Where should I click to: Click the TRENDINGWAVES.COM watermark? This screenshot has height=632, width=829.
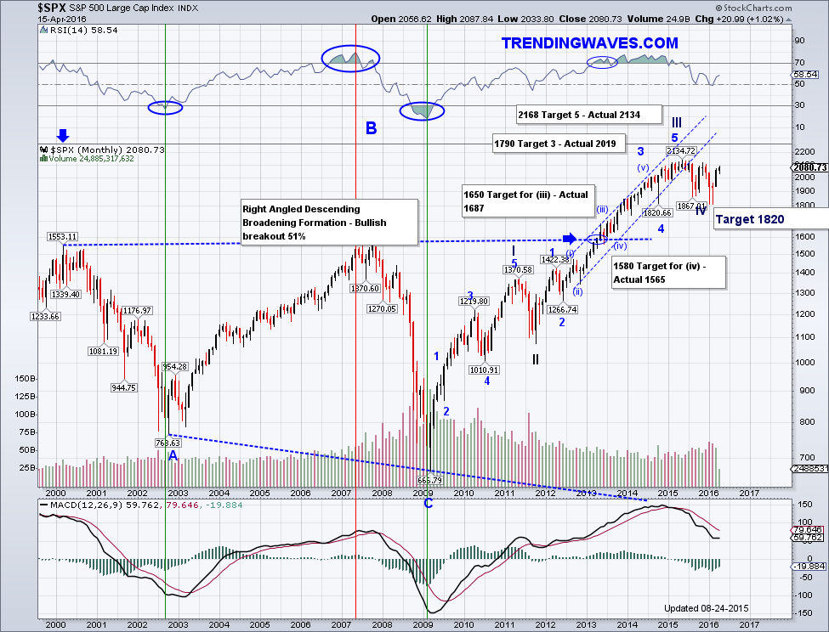click(x=589, y=42)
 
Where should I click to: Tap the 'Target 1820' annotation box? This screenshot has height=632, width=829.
click(x=749, y=219)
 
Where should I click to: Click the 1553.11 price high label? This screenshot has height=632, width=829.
click(x=62, y=236)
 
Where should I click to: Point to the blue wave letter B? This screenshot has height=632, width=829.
click(x=372, y=128)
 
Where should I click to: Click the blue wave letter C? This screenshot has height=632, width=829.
click(x=428, y=503)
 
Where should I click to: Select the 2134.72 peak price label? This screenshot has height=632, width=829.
click(x=682, y=150)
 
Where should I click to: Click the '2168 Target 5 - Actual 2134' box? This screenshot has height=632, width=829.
click(x=578, y=113)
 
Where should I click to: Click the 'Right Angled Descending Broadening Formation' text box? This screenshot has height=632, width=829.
click(x=328, y=223)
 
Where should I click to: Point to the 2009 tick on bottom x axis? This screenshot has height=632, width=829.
click(x=423, y=493)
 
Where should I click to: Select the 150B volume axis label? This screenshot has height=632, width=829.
click(x=24, y=379)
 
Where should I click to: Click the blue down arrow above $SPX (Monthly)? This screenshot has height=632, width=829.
click(x=63, y=135)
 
